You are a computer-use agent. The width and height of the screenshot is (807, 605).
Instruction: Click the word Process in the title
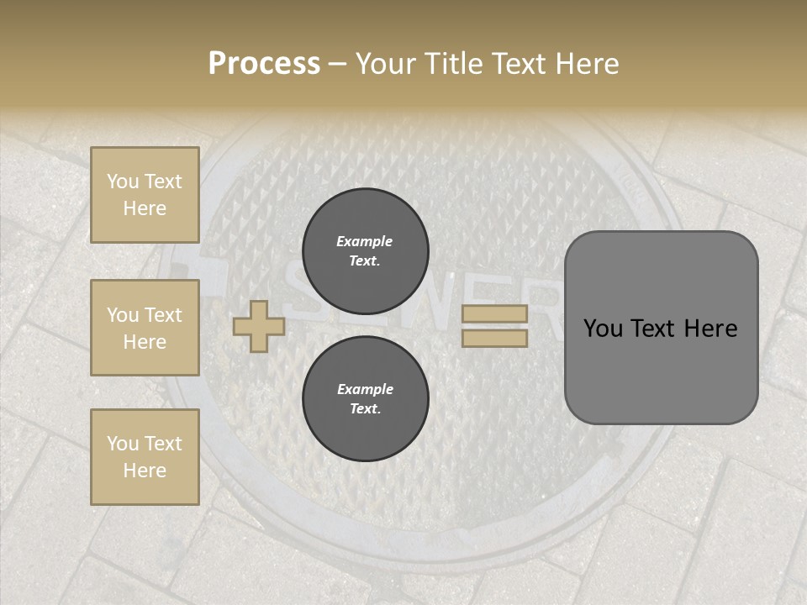[264, 64]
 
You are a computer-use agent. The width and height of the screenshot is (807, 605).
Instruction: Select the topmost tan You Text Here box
[145, 195]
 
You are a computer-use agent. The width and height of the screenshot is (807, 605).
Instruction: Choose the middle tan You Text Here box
[145, 328]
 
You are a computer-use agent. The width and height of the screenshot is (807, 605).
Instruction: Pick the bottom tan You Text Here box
[145, 457]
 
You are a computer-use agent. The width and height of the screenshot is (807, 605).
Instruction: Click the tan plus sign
[259, 326]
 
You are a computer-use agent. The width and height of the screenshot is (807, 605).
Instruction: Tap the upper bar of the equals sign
[495, 313]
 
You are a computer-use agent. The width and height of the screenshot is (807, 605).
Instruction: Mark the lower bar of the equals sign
[495, 338]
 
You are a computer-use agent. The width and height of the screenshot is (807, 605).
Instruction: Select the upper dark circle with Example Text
[365, 251]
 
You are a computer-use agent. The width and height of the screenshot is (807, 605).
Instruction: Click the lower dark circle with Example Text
[365, 399]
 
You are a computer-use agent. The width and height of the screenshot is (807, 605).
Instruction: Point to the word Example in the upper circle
[365, 241]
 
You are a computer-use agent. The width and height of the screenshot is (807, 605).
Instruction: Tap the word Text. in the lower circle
[365, 409]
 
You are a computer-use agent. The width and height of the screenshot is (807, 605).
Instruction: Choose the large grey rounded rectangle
[662, 328]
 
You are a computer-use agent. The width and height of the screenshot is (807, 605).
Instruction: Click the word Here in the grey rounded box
[709, 329]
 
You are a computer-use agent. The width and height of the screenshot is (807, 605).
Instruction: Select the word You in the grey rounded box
[604, 329]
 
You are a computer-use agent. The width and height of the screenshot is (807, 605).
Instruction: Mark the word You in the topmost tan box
[123, 181]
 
